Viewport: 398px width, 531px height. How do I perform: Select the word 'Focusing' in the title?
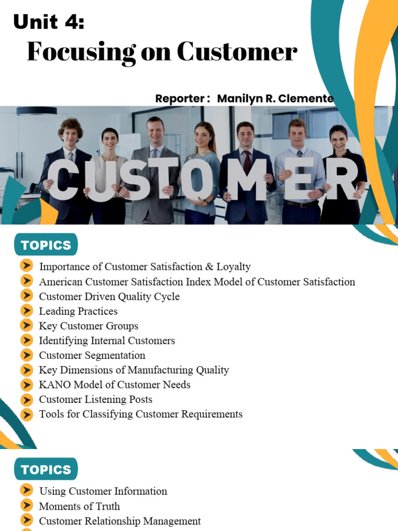click(81, 52)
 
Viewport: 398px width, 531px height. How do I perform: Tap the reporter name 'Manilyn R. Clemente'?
click(275, 99)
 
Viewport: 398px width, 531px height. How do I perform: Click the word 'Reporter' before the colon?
click(179, 99)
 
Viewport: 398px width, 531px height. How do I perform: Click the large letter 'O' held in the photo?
click(198, 180)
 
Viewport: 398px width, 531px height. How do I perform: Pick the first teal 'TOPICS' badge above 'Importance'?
click(46, 245)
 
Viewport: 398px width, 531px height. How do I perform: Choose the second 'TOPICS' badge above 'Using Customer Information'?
click(46, 469)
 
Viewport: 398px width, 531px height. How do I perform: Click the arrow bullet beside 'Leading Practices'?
click(26, 311)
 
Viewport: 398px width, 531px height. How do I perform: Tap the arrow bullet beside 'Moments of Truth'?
click(26, 506)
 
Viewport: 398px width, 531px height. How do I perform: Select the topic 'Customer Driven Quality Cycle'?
click(109, 297)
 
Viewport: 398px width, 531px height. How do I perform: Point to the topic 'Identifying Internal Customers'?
click(107, 341)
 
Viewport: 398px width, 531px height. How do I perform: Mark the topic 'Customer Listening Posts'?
click(95, 399)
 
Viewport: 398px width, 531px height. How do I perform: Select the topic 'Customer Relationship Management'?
click(120, 521)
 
